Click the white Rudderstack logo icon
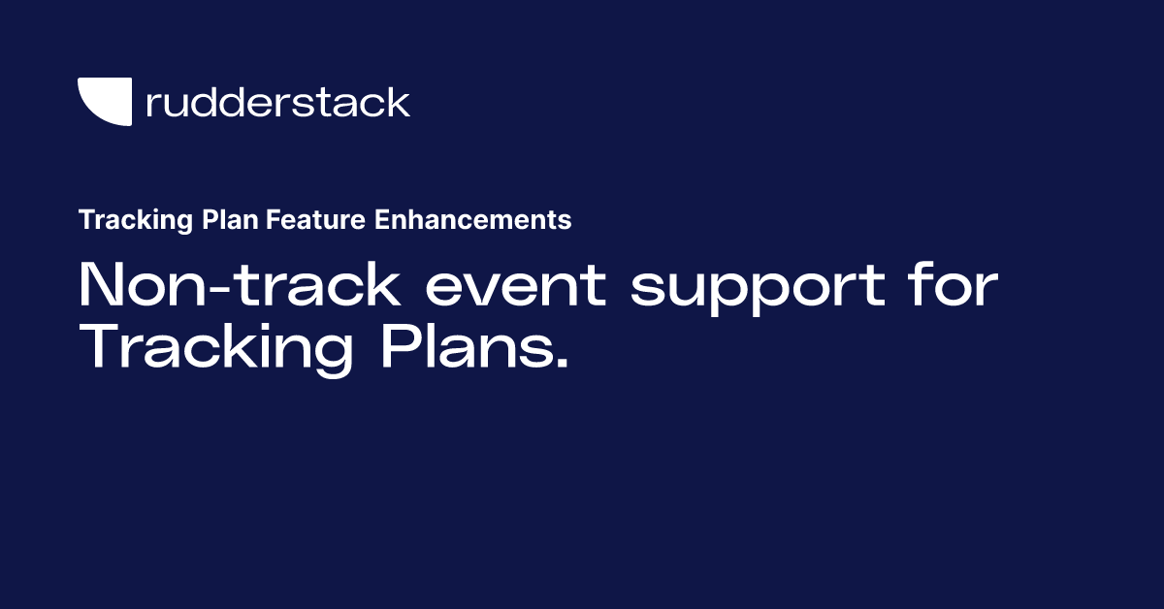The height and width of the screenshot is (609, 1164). point(103,100)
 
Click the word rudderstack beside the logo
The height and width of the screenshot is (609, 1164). point(277,103)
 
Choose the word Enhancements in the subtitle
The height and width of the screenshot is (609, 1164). point(472,221)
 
